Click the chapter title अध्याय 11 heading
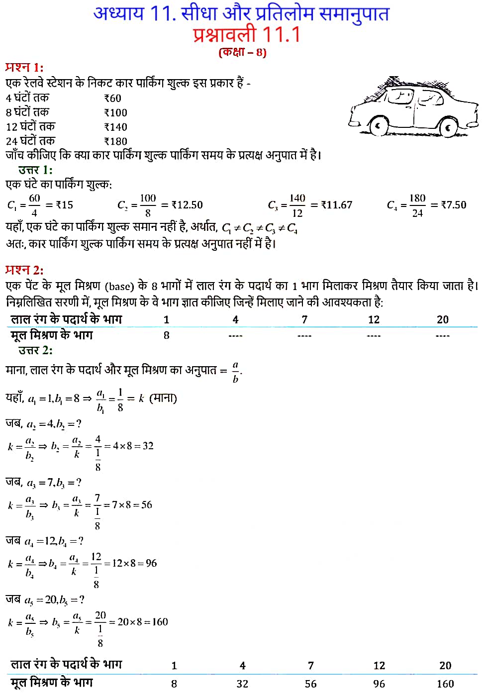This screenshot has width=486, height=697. coord(241,13)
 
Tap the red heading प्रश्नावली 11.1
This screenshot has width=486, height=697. coord(247,35)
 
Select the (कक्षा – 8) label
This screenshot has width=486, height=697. coord(242,52)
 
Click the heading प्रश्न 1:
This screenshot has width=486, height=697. coord(24,67)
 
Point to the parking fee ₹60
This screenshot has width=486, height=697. coord(113,99)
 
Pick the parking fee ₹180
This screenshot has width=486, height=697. coord(116,141)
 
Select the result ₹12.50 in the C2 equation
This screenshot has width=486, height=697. coord(187,205)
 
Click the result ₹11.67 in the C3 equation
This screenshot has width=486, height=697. coord(337,205)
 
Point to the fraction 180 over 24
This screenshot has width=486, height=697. coord(417,205)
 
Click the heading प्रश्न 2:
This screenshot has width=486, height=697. coord(24,270)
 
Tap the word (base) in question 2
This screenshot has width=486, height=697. coord(119,286)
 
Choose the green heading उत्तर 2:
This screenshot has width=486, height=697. coord(35,350)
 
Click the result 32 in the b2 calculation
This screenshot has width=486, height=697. coord(148,446)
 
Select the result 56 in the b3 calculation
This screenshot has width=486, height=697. coord(147,504)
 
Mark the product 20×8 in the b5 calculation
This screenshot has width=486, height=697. coord(130,622)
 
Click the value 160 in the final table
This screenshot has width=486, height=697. coord(445,684)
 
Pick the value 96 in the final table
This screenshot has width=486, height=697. coord(379,684)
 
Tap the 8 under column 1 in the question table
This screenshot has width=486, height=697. coord(167,335)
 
